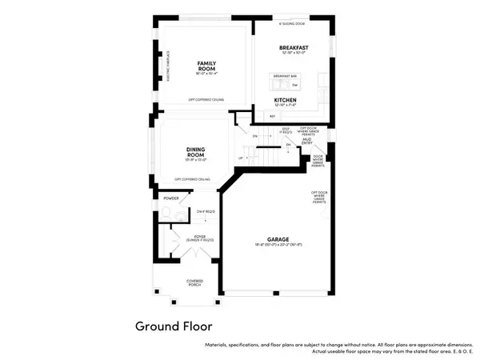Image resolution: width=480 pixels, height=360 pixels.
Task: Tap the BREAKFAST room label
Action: pos(293,48)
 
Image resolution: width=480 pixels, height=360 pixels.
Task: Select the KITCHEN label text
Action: pos(286,100)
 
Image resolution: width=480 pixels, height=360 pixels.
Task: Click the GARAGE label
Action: pos(278,240)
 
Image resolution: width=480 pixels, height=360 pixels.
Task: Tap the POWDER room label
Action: pos(171,198)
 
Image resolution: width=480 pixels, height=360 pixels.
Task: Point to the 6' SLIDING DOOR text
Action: pos(292,24)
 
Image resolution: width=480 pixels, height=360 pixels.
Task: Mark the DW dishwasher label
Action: pos(294,84)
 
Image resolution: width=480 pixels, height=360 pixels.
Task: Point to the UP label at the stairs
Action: pos(241,158)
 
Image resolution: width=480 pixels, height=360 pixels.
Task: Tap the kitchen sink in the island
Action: pos(277,83)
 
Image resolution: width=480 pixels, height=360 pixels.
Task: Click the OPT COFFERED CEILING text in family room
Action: pos(206,99)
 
